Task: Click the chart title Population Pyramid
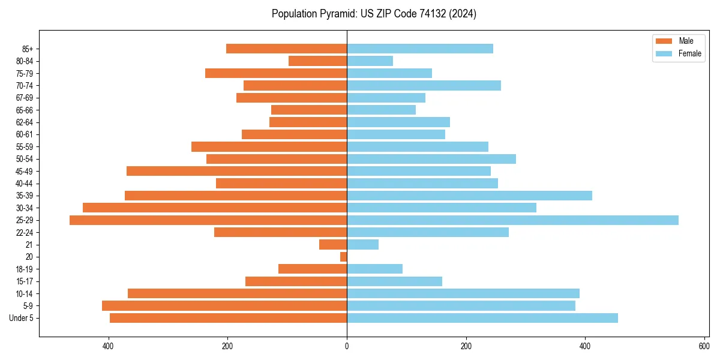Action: point(374,14)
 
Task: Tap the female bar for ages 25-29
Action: point(512,220)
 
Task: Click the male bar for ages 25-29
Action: point(208,220)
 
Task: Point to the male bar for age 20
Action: point(343,257)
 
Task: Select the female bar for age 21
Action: point(362,245)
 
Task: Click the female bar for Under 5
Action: point(482,318)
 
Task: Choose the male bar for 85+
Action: point(286,49)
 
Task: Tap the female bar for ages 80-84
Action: point(370,61)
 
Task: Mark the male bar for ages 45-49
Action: point(236,171)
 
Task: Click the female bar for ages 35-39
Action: point(469,196)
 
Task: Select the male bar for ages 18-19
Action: point(313,269)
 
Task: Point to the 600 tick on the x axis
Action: point(704,346)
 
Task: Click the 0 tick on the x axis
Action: point(347,346)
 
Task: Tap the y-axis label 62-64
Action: point(25,122)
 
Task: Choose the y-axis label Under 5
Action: point(21,318)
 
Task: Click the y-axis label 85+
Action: point(27,49)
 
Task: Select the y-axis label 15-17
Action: point(25,281)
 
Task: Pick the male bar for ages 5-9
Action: point(224,306)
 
